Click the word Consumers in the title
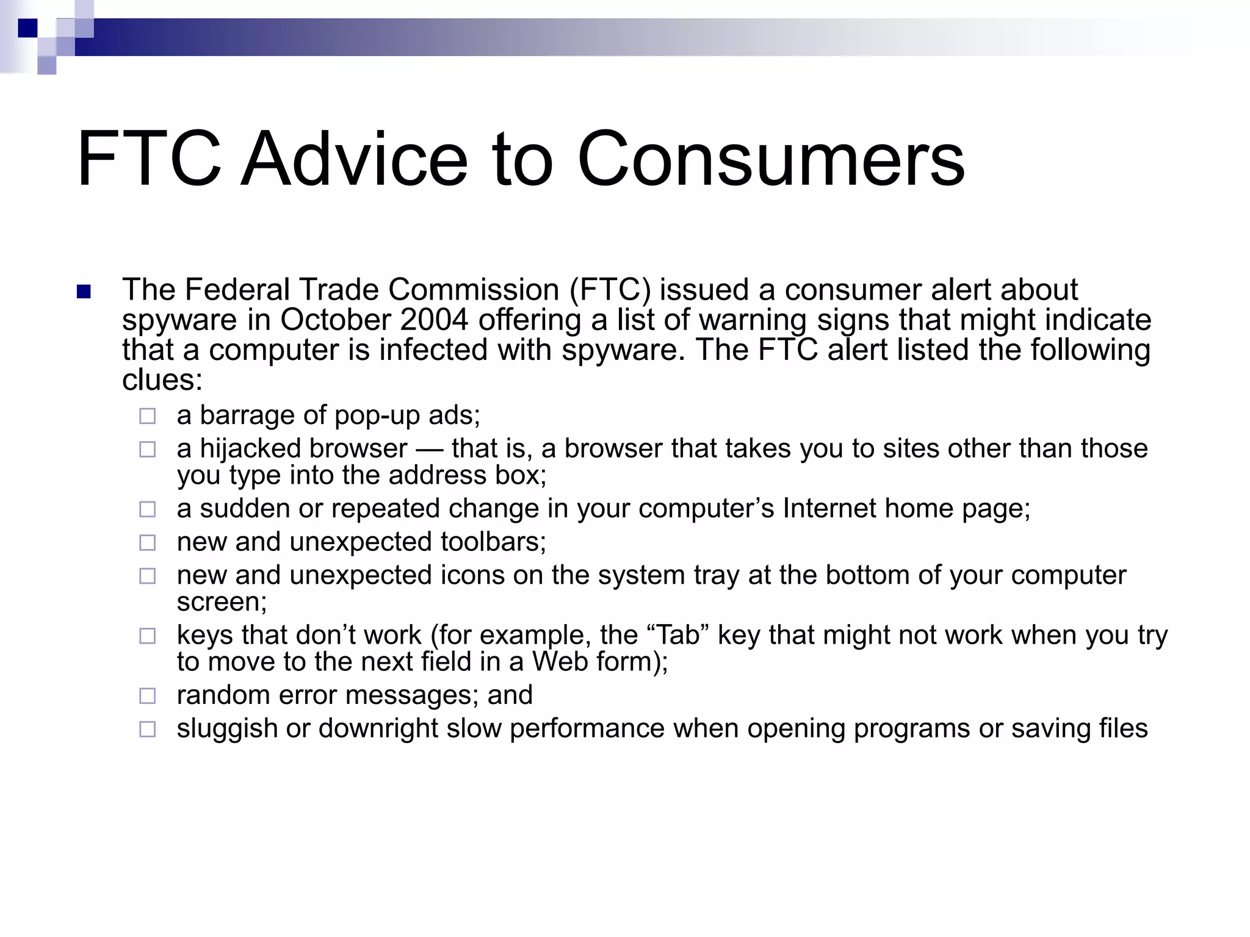[x=770, y=160]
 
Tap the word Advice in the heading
[x=354, y=160]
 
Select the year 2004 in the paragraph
[x=435, y=320]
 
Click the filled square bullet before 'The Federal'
[x=84, y=292]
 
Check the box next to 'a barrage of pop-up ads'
[x=147, y=417]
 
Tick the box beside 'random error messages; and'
[x=147, y=696]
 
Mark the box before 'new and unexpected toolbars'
[x=147, y=543]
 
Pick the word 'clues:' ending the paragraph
[x=162, y=380]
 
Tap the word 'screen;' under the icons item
[x=222, y=602]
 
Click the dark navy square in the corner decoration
[x=27, y=28]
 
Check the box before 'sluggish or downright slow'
[x=147, y=730]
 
